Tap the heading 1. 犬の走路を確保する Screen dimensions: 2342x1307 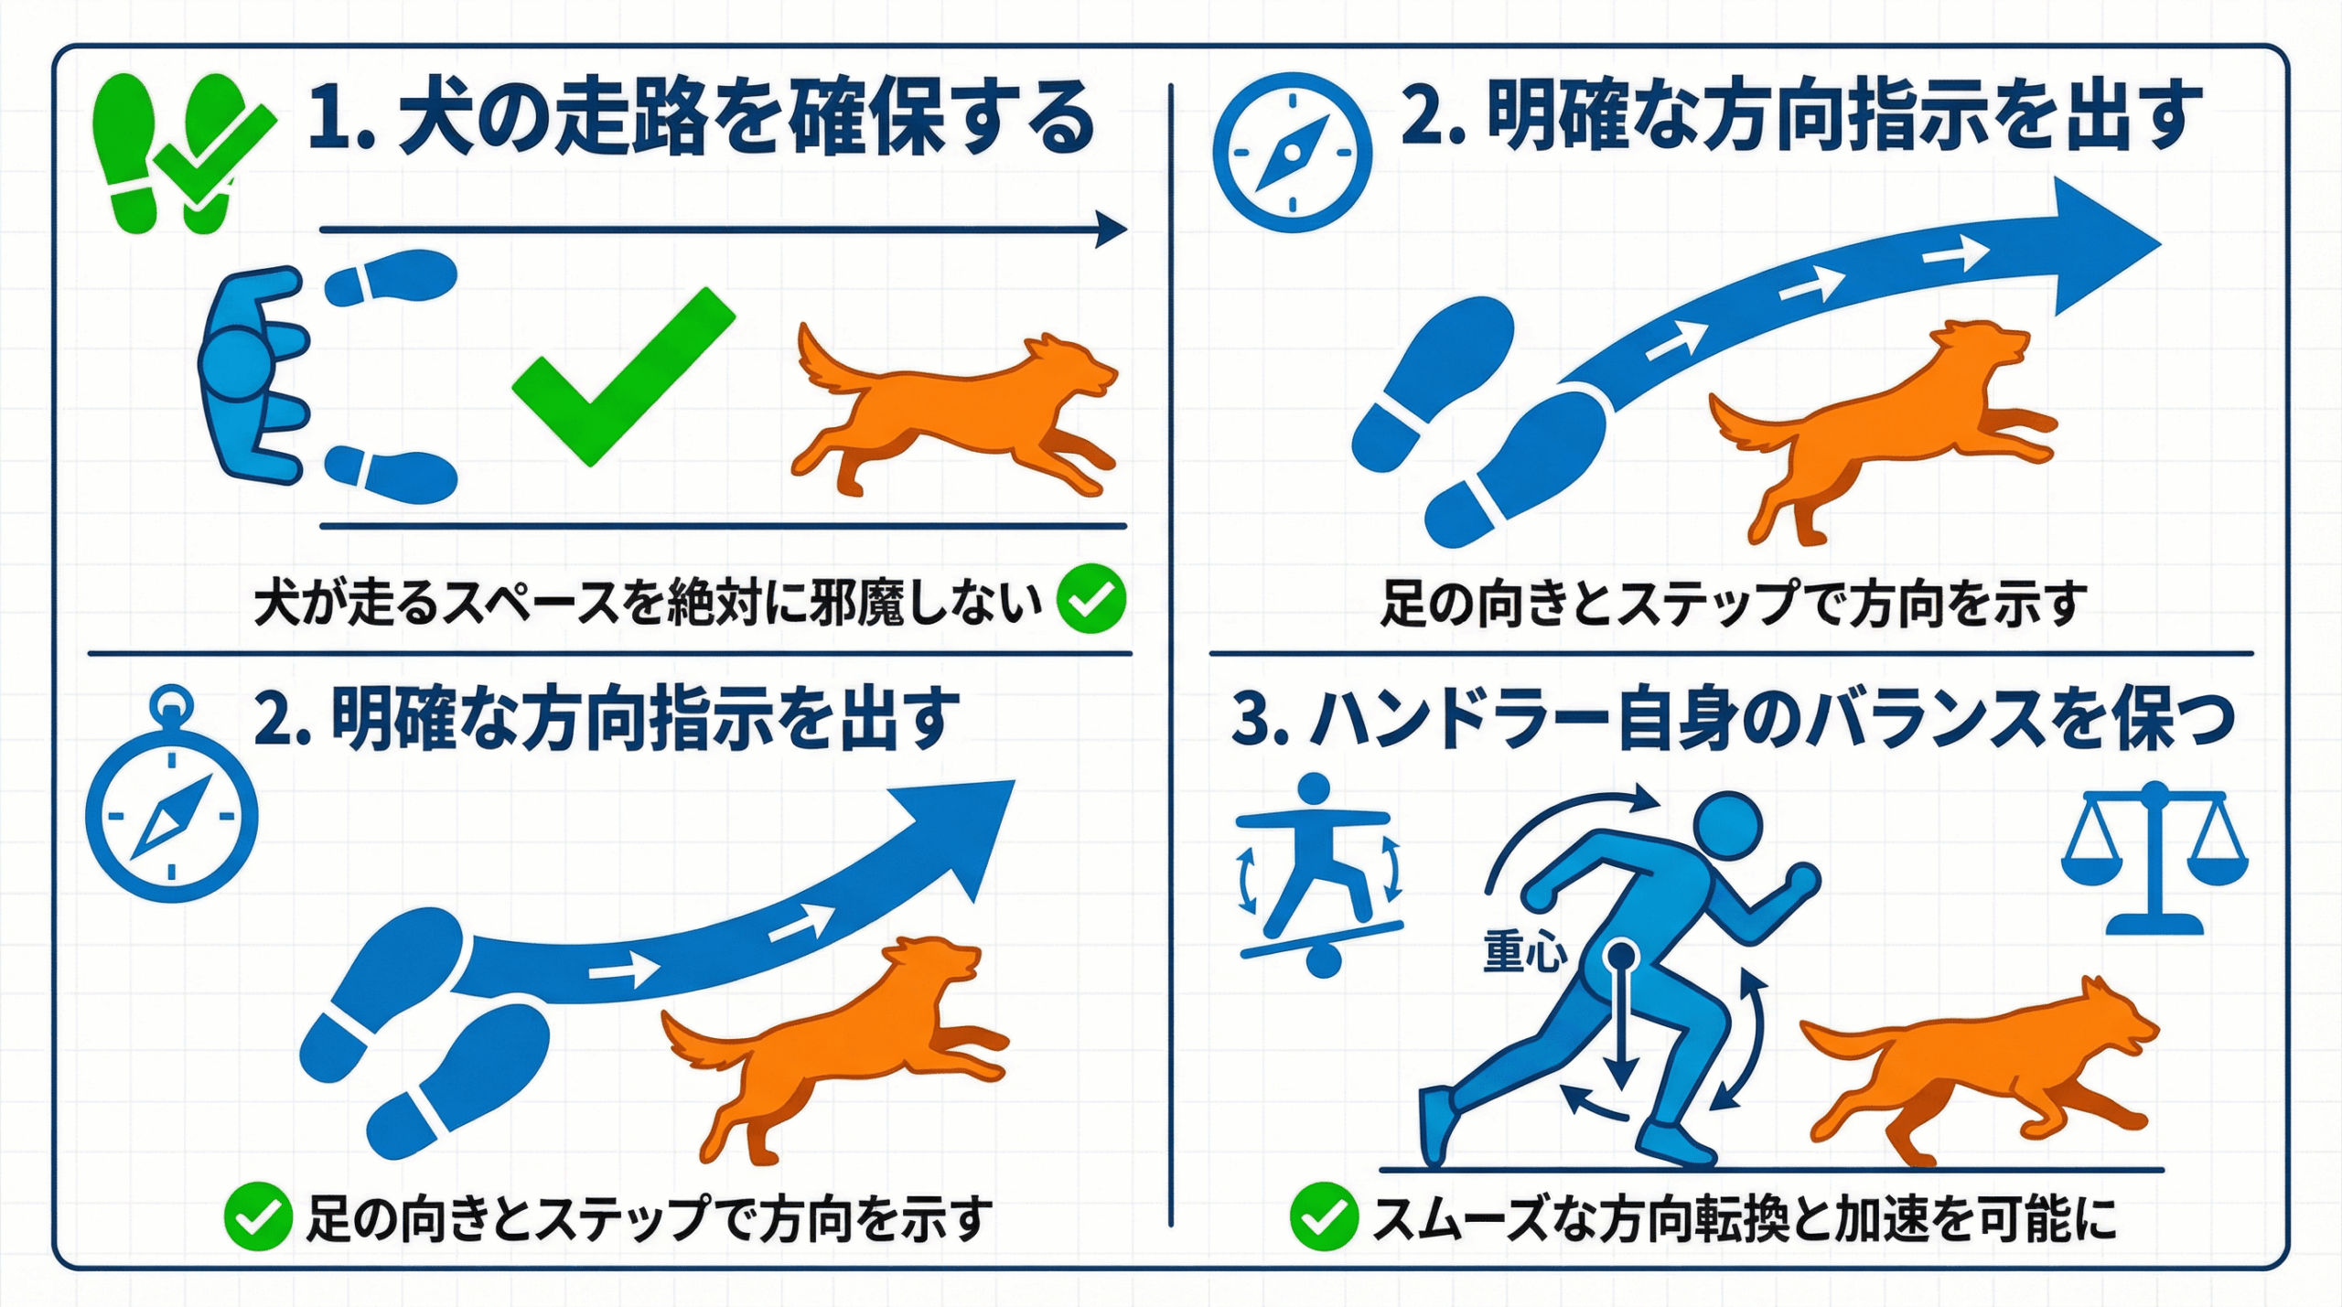click(x=702, y=118)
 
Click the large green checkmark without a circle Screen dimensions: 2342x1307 click(x=624, y=377)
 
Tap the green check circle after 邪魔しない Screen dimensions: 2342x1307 click(x=1091, y=599)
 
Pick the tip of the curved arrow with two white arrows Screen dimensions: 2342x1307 click(x=1015, y=781)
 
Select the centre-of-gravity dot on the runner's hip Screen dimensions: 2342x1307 click(x=1621, y=957)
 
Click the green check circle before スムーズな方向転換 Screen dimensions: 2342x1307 click(x=1324, y=1216)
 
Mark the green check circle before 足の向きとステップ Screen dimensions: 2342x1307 click(x=258, y=1216)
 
